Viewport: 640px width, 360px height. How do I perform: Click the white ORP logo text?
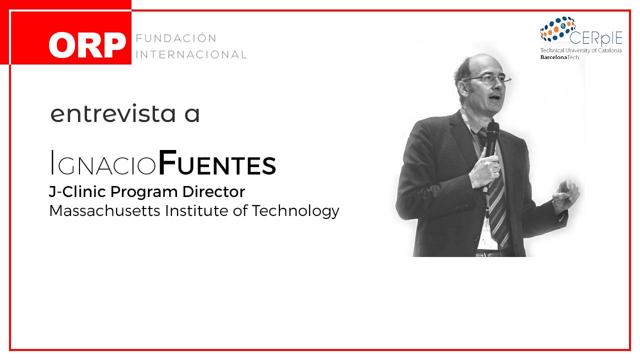tap(87, 45)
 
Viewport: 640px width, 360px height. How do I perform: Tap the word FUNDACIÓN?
tap(176, 38)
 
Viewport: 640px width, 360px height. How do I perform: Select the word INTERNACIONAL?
tap(191, 54)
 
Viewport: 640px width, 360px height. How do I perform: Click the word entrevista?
tap(113, 113)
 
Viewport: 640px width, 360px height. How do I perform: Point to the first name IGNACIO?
tap(103, 163)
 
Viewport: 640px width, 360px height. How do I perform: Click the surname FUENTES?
tap(217, 162)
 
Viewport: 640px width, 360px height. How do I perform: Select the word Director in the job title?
tap(213, 191)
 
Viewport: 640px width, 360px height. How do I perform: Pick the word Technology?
tap(295, 211)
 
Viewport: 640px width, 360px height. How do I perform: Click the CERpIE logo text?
tap(595, 38)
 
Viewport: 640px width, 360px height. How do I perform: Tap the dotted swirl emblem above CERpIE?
tap(557, 28)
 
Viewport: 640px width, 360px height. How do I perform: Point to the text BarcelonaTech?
tap(559, 57)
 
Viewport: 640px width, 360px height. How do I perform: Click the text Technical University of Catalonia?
tap(581, 50)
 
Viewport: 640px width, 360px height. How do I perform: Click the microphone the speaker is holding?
tap(492, 138)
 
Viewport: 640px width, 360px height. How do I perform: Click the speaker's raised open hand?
tap(565, 195)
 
